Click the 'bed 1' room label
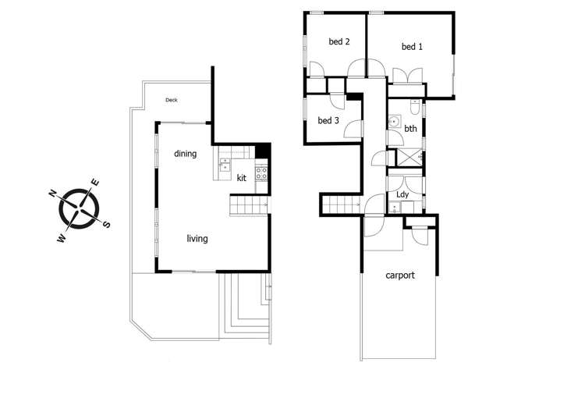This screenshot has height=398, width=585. click(x=412, y=47)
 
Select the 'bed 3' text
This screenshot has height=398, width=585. click(x=328, y=121)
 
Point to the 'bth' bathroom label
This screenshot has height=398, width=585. click(x=410, y=129)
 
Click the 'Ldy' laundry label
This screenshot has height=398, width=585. click(x=403, y=194)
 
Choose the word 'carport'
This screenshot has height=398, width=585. click(x=400, y=275)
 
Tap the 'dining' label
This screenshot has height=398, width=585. click(x=185, y=154)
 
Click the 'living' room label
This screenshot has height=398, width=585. click(x=197, y=238)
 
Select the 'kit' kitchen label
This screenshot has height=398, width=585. click(x=242, y=178)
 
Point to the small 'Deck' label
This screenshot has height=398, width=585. click(x=172, y=100)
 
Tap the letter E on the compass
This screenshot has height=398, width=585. click(x=95, y=183)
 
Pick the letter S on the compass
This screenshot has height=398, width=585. click(x=107, y=225)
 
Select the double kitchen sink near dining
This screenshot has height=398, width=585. click(x=225, y=165)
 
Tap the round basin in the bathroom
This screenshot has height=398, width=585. click(x=395, y=122)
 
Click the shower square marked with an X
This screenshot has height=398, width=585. click(x=409, y=156)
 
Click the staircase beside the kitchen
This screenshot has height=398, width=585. click(x=249, y=205)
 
